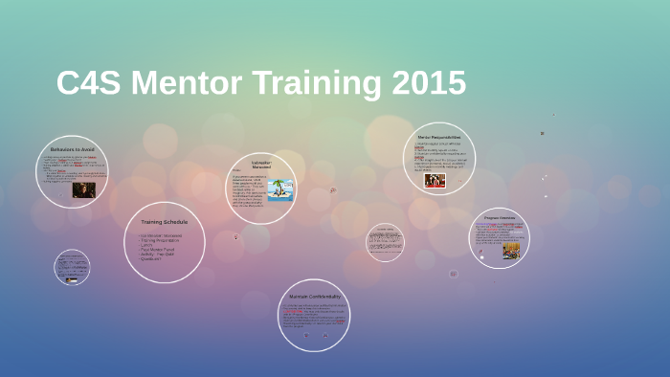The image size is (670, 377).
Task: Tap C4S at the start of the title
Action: point(90,83)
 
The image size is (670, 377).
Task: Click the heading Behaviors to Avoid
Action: point(71,149)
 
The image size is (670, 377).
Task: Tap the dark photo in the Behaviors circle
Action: point(83,189)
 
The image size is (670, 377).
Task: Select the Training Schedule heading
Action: point(165,222)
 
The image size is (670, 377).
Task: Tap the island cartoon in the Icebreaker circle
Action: point(280,190)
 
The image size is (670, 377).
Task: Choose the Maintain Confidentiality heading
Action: point(314,297)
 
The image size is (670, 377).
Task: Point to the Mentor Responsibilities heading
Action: point(439,138)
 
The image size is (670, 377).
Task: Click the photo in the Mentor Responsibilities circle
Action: point(435,180)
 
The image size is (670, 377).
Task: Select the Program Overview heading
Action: point(499,218)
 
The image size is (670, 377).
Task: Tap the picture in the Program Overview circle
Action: point(512,251)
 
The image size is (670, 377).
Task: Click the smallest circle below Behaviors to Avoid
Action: point(72,268)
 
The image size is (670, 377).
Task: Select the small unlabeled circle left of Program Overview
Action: point(385,241)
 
